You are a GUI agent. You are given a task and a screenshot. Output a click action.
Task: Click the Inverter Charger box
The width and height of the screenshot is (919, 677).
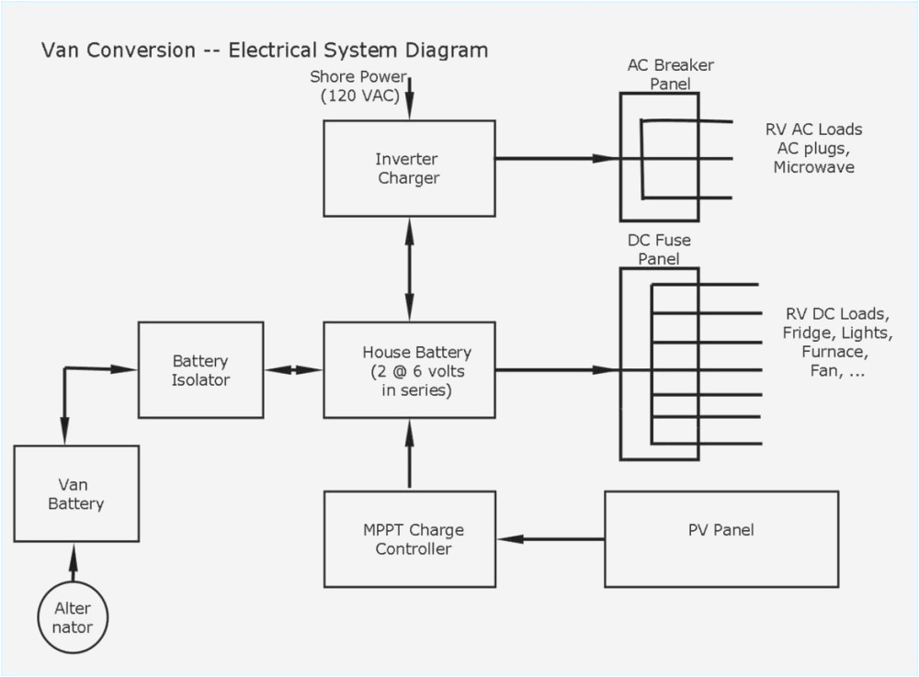point(409,168)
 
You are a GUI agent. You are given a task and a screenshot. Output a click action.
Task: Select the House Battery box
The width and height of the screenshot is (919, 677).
point(409,370)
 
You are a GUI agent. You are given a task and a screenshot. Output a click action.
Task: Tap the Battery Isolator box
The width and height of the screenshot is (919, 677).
point(200,370)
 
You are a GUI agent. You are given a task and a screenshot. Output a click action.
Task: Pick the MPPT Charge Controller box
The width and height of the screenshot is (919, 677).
point(409,539)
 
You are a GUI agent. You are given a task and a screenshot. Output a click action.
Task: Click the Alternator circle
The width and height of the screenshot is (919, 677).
point(74,617)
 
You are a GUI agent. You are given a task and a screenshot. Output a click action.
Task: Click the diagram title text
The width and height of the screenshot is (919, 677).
point(265,50)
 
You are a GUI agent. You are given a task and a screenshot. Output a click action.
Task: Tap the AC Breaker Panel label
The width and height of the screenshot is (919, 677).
point(671,74)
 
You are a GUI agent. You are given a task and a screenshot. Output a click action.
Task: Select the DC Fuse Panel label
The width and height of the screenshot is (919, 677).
point(660,250)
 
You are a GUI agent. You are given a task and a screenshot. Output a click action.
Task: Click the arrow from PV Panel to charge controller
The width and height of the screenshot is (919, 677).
point(551,538)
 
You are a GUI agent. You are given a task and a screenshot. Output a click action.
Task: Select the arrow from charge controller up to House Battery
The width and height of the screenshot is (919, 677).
point(409,455)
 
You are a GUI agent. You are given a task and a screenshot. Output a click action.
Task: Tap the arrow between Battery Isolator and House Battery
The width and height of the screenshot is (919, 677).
point(293,370)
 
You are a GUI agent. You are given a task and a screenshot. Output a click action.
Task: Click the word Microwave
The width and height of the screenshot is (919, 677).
point(813,168)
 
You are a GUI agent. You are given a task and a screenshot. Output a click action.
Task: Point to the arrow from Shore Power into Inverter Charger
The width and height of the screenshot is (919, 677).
point(409,99)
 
